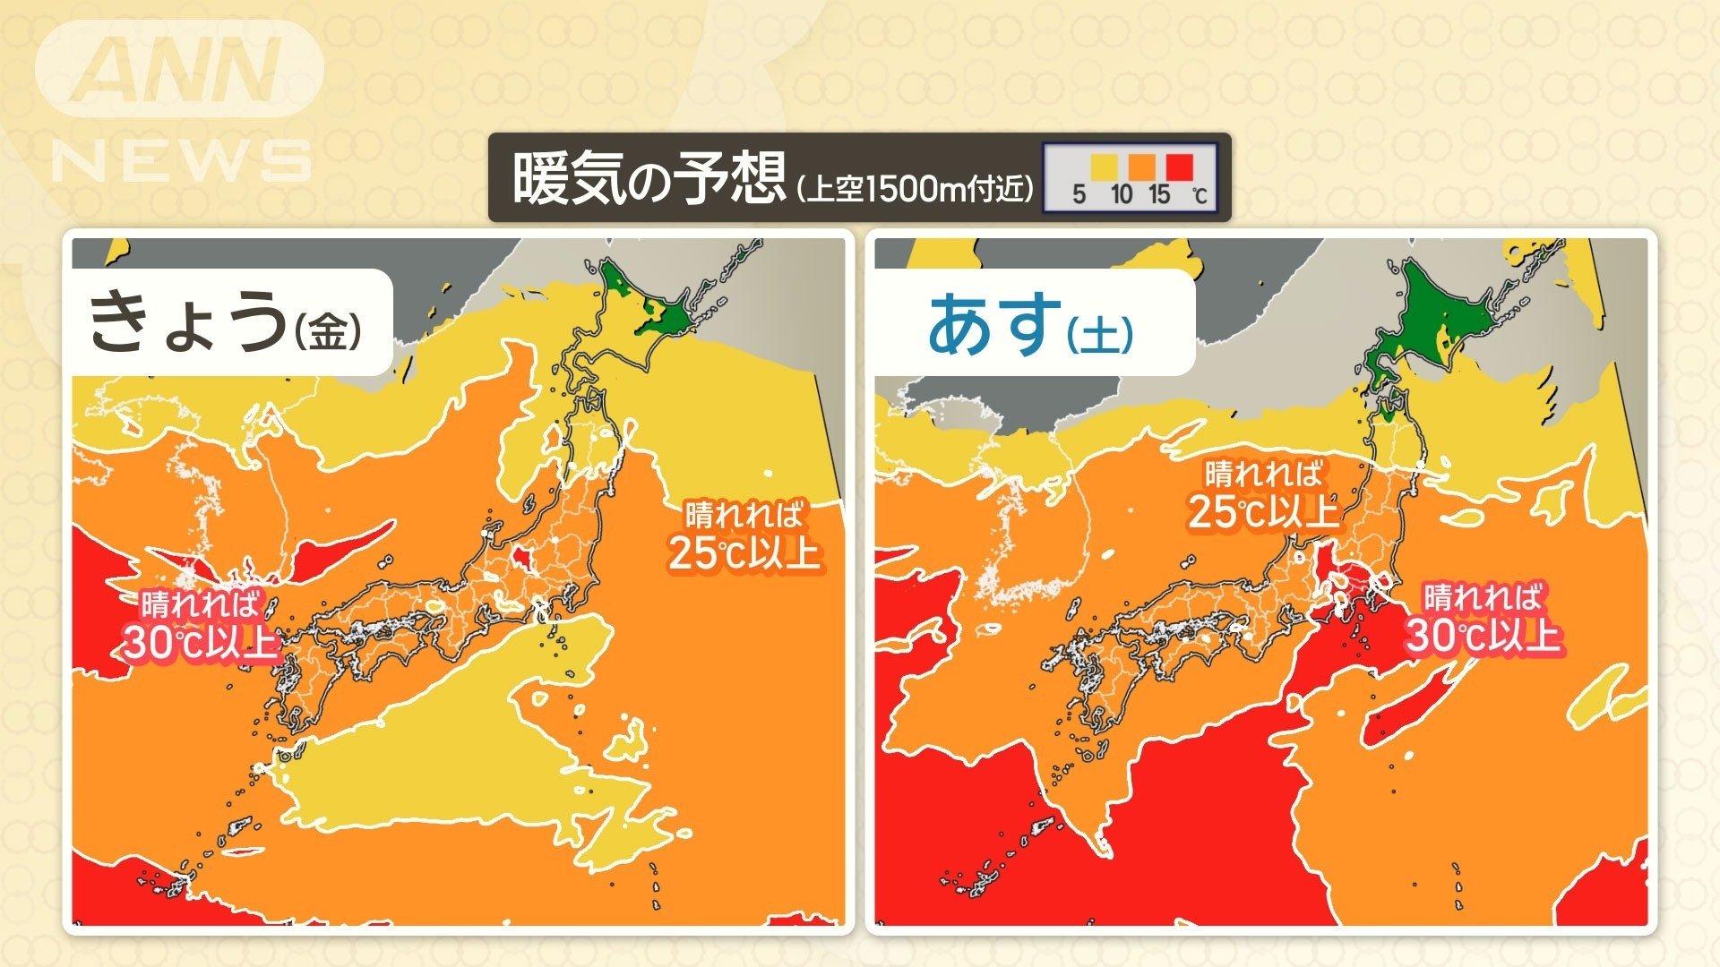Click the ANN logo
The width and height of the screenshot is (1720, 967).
click(179, 70)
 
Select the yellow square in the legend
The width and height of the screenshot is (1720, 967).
click(1104, 167)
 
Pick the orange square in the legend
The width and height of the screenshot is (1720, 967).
click(1141, 167)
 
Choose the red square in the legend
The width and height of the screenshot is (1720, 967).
click(1179, 167)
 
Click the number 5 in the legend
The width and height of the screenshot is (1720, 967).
click(1079, 194)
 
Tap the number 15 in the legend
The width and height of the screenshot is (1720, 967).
click(1159, 194)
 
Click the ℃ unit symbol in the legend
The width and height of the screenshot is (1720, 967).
click(1200, 195)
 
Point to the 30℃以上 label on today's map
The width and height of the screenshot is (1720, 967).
click(199, 641)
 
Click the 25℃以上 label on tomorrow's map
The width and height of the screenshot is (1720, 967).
click(1263, 511)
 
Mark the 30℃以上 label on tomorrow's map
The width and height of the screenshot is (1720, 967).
click(1483, 635)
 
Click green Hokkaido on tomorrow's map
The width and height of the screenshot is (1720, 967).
click(1442, 313)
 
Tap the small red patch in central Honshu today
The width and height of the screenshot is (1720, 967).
click(520, 558)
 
